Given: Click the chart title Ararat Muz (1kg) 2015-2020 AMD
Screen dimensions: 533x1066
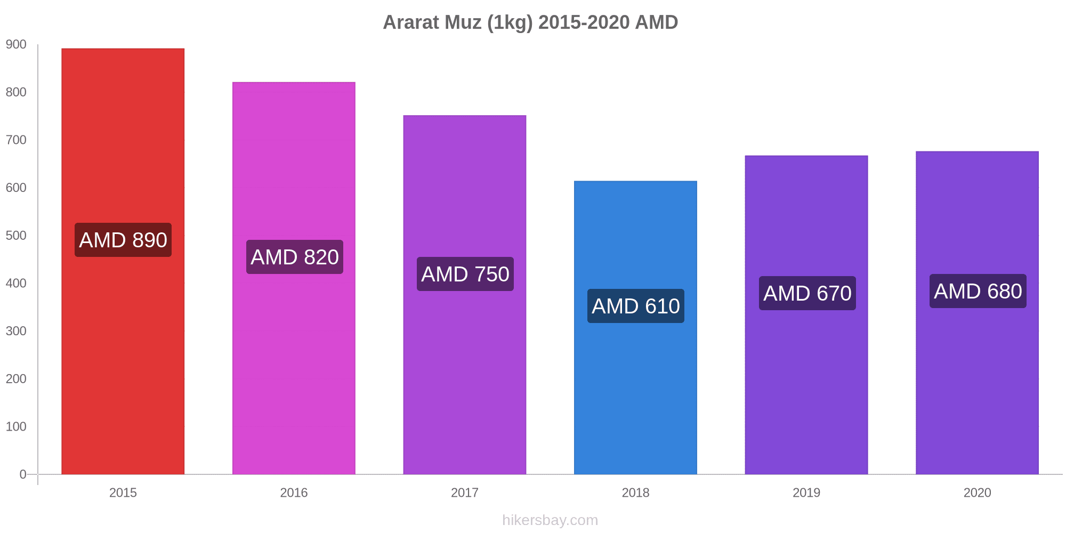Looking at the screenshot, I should (x=530, y=22).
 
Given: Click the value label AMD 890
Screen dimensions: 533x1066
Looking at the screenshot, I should (x=123, y=240).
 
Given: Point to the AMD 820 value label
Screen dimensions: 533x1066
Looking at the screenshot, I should (x=295, y=257).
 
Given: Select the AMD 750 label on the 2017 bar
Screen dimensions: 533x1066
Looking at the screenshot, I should (x=465, y=274).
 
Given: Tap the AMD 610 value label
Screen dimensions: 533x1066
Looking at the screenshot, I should (x=636, y=306).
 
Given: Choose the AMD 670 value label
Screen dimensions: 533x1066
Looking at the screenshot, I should (x=807, y=293).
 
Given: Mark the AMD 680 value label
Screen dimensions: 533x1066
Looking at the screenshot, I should (x=978, y=291).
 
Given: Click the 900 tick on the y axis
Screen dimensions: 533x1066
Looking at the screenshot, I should (x=16, y=45).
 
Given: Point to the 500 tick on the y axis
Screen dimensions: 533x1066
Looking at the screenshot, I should (x=16, y=236).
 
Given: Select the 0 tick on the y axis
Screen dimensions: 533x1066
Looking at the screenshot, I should (x=23, y=474).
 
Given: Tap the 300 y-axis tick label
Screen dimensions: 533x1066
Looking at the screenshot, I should (x=16, y=331).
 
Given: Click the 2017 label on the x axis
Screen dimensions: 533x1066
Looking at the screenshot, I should (x=465, y=492).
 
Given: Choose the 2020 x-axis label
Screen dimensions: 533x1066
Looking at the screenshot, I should (x=977, y=492).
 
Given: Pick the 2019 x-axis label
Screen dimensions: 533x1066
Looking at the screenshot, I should (x=806, y=492).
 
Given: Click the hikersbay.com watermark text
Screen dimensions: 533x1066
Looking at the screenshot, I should (x=550, y=520).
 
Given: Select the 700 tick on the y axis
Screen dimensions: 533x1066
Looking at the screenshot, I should (x=16, y=140).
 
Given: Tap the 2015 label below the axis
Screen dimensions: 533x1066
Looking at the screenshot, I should (x=123, y=492).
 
